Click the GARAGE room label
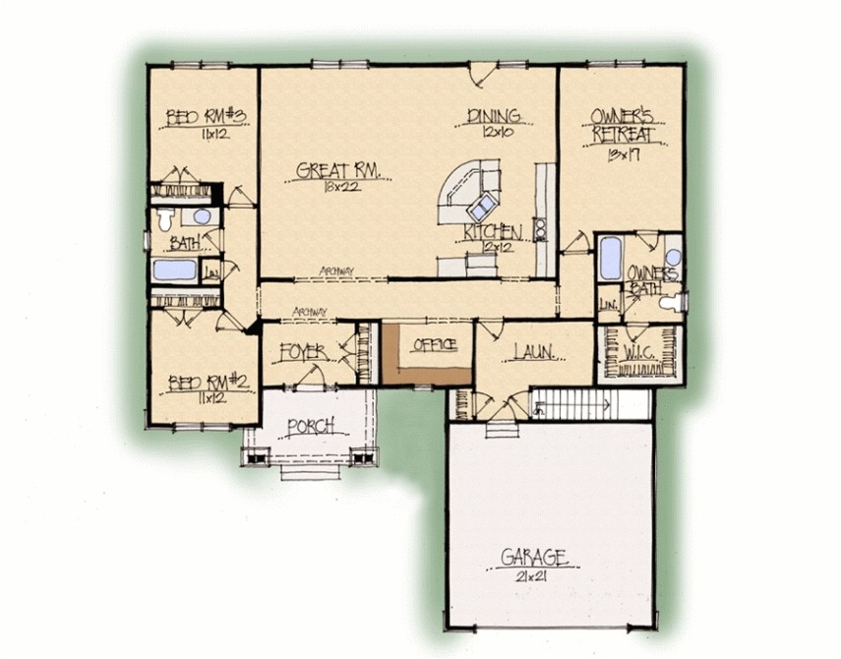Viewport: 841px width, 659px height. tap(534, 557)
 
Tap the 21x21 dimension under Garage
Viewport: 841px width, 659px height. tap(531, 578)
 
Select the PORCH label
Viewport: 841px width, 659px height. tap(311, 426)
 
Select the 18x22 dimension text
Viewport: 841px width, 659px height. tap(330, 188)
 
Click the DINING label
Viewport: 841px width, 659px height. tap(493, 115)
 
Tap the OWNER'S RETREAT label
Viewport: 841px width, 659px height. tap(623, 127)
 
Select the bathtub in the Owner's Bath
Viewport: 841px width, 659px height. tap(611, 259)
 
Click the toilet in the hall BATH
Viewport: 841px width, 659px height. tap(166, 218)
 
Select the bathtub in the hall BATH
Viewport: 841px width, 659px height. tap(174, 270)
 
